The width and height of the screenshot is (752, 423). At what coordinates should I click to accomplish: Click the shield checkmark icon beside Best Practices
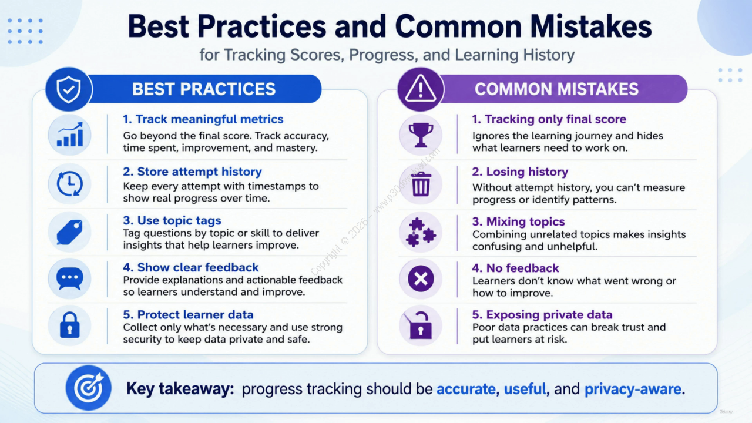click(69, 89)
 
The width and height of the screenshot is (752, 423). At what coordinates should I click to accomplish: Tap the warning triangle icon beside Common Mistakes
click(420, 88)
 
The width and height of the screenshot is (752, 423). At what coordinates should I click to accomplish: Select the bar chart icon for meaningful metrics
click(70, 135)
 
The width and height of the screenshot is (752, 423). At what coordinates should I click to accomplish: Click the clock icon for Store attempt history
click(70, 184)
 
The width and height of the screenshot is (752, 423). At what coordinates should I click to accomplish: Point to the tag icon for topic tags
click(70, 232)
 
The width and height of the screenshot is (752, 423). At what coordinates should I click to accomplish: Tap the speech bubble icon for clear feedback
click(70, 278)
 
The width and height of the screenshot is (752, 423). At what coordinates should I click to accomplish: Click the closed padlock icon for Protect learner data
click(70, 325)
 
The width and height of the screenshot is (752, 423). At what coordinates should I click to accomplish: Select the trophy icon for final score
click(421, 135)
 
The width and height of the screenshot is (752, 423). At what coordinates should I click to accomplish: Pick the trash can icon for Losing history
click(421, 184)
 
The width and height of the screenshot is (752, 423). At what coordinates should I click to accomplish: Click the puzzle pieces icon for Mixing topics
click(421, 232)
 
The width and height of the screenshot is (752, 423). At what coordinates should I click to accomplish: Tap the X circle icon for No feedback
click(421, 278)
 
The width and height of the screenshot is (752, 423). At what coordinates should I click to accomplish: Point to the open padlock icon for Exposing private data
click(419, 325)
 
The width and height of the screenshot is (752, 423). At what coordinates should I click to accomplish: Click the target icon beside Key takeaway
click(89, 388)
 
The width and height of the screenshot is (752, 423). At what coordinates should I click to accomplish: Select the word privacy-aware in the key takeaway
click(633, 389)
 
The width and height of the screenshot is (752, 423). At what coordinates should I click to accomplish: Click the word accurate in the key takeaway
click(466, 389)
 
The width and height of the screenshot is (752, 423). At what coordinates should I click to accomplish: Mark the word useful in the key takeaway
click(525, 389)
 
